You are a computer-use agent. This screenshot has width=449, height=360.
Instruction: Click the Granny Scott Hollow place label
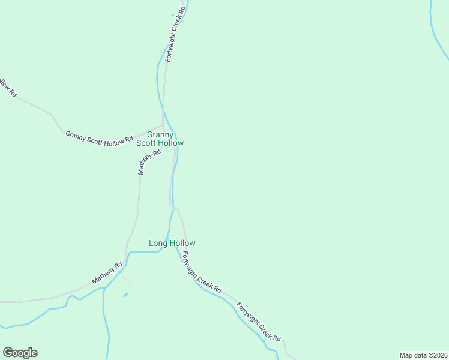pos(160,139)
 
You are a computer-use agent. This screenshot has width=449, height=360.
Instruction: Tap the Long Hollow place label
pos(172,243)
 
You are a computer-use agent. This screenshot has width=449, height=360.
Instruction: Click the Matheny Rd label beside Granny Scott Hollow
pos(149,162)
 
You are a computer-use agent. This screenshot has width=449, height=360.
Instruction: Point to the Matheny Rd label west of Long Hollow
pos(107,272)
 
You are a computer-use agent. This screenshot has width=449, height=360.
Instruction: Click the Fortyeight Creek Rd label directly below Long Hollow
pos(202,273)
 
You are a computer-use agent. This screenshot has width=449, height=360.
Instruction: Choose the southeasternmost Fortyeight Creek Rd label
pos(259,322)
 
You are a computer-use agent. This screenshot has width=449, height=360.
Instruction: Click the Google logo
pos(20,353)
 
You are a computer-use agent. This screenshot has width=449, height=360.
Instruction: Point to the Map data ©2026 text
pos(424,355)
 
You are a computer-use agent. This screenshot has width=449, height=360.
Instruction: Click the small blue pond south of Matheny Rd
pos(125,295)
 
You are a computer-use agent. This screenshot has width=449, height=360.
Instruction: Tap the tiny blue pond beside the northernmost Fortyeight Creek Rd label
pos(172,15)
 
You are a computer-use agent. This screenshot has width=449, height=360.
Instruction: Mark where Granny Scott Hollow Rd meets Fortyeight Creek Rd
pos(163,126)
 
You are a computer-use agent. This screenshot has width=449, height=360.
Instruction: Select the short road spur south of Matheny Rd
pos(127,280)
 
